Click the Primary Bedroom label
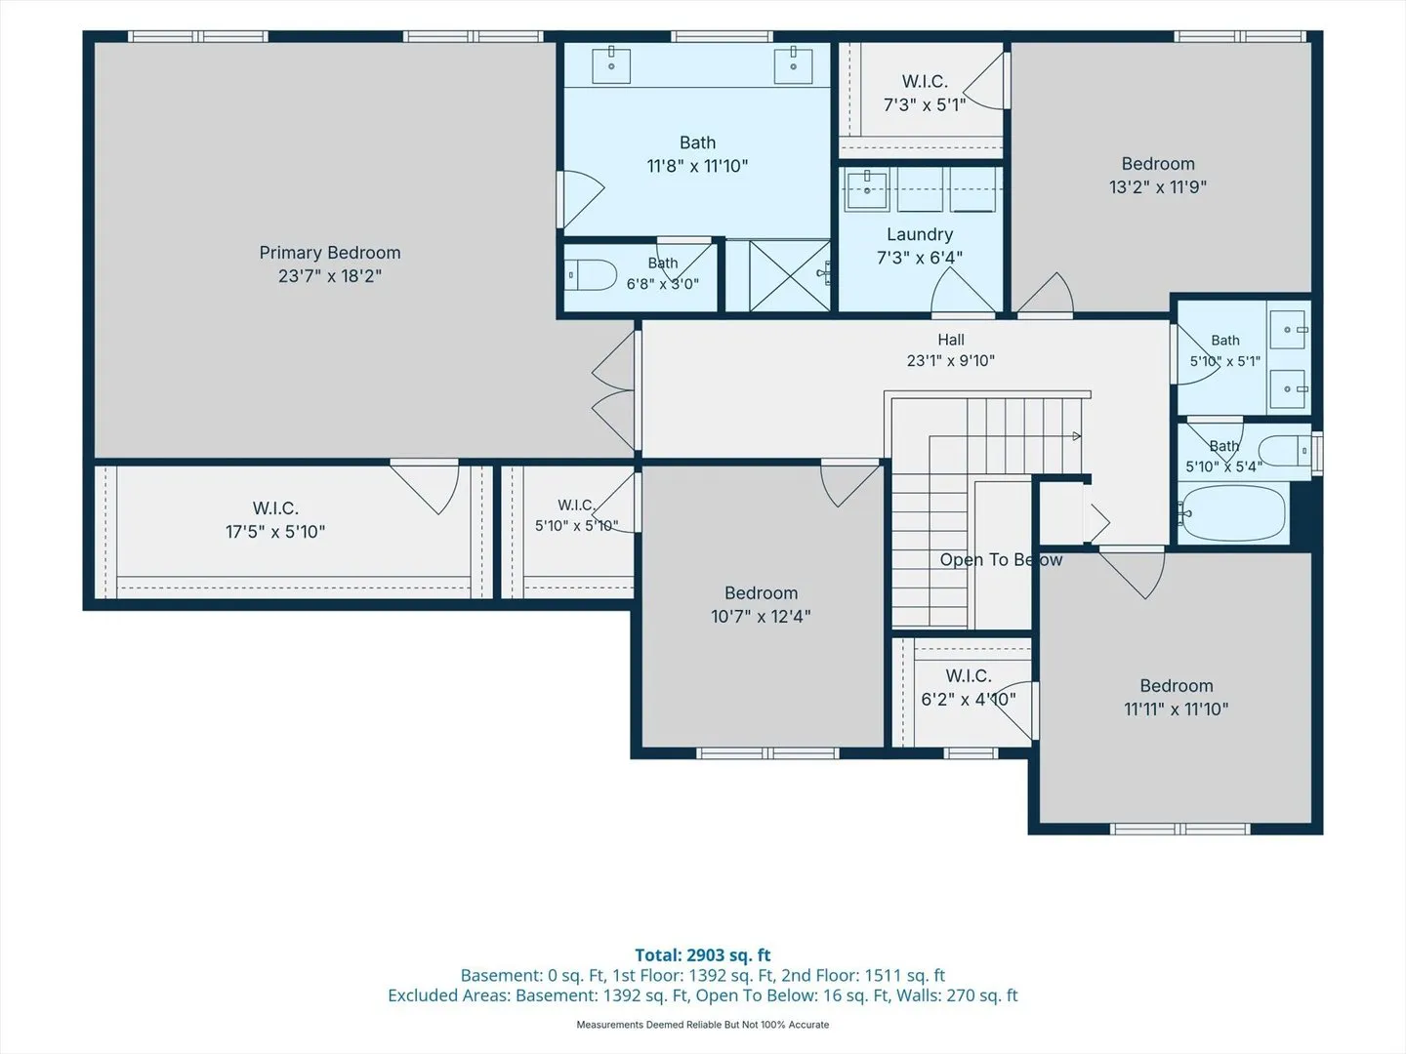(x=330, y=253)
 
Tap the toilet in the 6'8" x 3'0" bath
(x=590, y=275)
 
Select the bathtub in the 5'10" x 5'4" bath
(x=1234, y=512)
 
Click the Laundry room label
(x=920, y=234)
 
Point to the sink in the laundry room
(x=867, y=189)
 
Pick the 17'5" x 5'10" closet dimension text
(x=275, y=532)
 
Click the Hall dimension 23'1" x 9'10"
(x=951, y=361)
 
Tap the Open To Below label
(x=1001, y=560)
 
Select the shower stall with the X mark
(x=790, y=276)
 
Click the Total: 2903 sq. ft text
(x=703, y=955)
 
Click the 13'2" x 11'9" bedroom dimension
(x=1158, y=186)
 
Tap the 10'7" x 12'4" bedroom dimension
(x=761, y=616)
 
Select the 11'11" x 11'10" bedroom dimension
(x=1177, y=709)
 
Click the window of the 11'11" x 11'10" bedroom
(x=1179, y=830)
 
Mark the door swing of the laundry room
(x=962, y=291)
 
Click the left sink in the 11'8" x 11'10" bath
(x=611, y=64)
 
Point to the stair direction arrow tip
(x=1080, y=436)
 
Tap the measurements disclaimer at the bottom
(x=703, y=1025)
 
